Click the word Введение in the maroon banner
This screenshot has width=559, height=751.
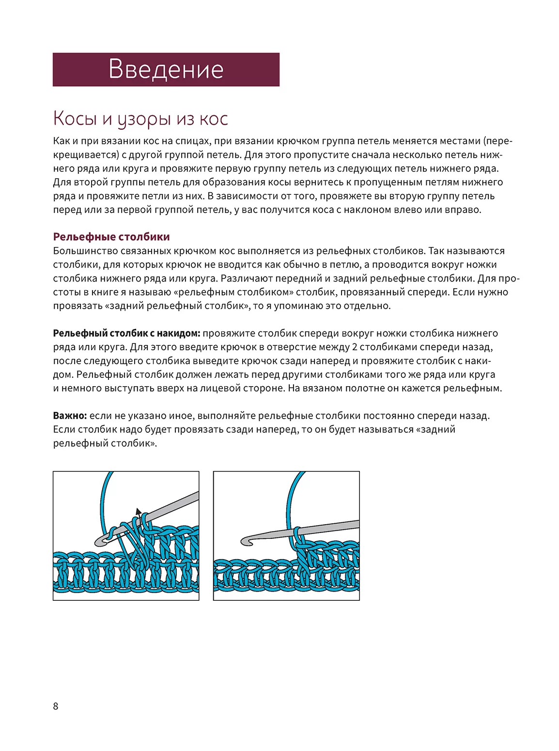pyautogui.click(x=166, y=69)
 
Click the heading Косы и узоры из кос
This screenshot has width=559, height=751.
pyautogui.click(x=140, y=119)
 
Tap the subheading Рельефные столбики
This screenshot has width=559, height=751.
pyautogui.click(x=111, y=237)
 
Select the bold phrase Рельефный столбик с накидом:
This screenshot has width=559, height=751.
pyautogui.click(x=126, y=333)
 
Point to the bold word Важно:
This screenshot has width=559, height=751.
pyautogui.click(x=70, y=416)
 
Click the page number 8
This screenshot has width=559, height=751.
pyautogui.click(x=56, y=706)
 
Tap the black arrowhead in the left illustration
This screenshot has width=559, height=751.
pyautogui.click(x=139, y=511)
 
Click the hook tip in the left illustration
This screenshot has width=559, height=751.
pyautogui.click(x=100, y=541)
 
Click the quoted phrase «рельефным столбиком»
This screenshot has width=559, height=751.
pyautogui.click(x=233, y=292)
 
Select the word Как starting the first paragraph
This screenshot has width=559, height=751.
pyautogui.click(x=62, y=141)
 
